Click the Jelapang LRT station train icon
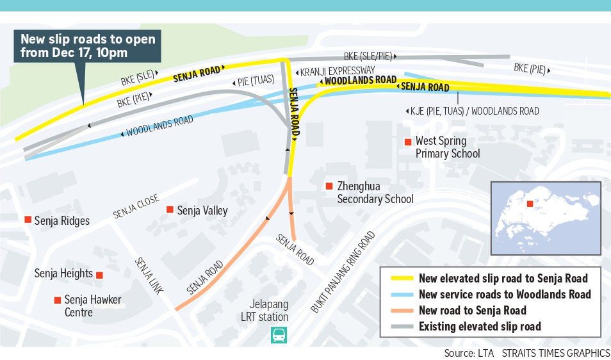(x=279, y=334)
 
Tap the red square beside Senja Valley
(x=170, y=209)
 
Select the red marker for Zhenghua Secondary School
(x=329, y=186)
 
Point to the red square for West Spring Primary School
(x=407, y=142)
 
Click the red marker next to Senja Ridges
(x=28, y=220)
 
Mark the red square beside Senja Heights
(x=100, y=275)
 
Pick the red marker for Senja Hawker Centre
(x=58, y=300)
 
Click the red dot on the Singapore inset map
(x=530, y=204)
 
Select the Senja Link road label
(x=149, y=276)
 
